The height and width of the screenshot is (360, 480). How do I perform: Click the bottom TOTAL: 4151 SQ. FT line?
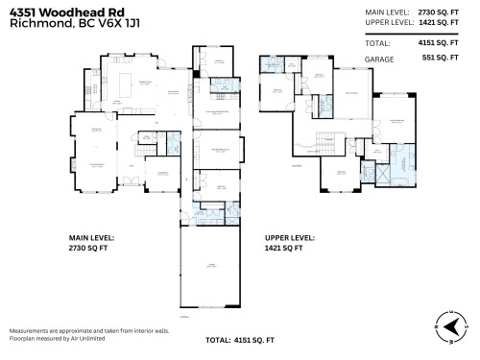coord(239,341)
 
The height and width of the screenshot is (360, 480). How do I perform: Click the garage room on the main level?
coord(208,270)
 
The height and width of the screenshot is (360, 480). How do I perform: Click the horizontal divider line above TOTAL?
coord(418,34)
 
